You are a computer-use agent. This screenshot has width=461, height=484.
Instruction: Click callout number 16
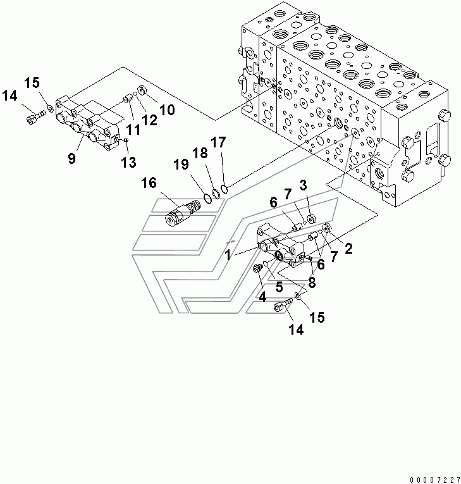[x=149, y=183]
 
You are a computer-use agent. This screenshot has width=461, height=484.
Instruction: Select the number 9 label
[x=71, y=159]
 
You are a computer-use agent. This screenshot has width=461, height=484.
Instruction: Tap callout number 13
[x=128, y=162]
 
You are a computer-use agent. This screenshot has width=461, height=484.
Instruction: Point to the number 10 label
[x=168, y=109]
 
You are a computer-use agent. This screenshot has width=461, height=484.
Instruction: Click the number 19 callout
[x=181, y=164]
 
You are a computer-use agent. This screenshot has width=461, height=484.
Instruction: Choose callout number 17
[x=218, y=142]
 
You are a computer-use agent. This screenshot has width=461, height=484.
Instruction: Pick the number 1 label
[x=228, y=255]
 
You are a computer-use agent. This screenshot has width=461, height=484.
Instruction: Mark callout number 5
[x=279, y=287]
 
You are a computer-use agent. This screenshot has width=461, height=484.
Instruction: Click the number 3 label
[x=304, y=185]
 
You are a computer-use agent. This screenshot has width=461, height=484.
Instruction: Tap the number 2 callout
[x=348, y=249]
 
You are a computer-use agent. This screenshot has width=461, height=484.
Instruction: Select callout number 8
[x=312, y=282]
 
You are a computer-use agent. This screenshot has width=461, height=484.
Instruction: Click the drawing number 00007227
[x=435, y=480]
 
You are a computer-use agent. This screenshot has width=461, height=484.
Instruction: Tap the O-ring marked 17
[x=224, y=188]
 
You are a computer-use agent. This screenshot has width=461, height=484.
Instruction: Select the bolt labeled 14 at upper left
[x=35, y=118]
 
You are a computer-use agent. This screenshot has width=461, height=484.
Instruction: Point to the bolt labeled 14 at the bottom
[x=283, y=305]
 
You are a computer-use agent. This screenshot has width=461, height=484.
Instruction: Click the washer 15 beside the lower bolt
[x=298, y=296]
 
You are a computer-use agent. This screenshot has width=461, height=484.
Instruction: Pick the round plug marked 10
[x=142, y=90]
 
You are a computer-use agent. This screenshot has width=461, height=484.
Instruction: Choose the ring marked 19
[x=207, y=198]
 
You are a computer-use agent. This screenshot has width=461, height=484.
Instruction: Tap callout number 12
[x=150, y=120]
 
